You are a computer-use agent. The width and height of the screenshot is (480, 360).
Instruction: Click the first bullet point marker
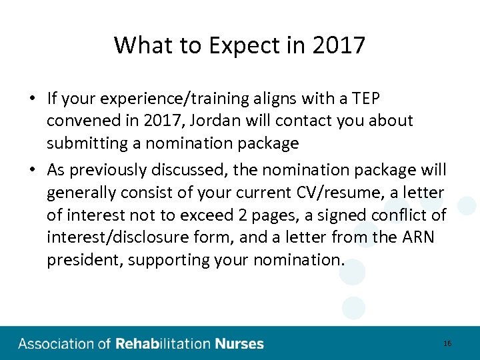[x=32, y=99]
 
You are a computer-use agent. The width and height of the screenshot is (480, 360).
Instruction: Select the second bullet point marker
[x=32, y=170]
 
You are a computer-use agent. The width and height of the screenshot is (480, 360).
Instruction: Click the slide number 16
[x=447, y=343]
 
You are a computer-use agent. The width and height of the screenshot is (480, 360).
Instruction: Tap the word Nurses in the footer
[x=239, y=344]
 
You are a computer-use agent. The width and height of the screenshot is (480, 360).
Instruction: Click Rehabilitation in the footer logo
[x=163, y=344]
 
